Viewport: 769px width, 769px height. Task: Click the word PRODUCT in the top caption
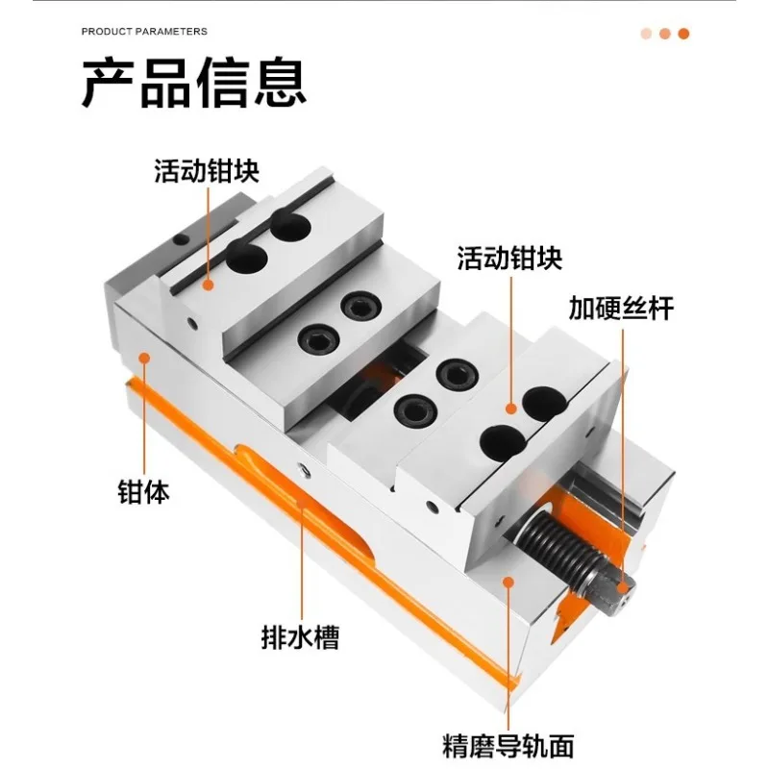(107, 32)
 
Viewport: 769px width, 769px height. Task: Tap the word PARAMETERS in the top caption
(171, 32)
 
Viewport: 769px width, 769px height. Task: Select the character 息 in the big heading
(280, 83)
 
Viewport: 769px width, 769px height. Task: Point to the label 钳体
(143, 492)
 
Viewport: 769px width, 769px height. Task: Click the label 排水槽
(300, 637)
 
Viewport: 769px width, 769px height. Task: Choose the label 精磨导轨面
(509, 746)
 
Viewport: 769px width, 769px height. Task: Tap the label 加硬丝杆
(621, 308)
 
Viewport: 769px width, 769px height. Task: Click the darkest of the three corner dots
(683, 34)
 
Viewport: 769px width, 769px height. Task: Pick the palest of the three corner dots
(646, 34)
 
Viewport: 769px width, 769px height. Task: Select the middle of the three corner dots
(665, 34)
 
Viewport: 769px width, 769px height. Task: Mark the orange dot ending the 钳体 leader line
(144, 358)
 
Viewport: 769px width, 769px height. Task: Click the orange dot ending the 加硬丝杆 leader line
(623, 587)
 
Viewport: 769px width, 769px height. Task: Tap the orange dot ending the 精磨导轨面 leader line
(509, 583)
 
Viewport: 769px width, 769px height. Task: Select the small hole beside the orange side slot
(304, 471)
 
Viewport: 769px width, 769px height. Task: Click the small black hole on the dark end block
(181, 239)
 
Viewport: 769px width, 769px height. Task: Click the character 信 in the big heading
(223, 83)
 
